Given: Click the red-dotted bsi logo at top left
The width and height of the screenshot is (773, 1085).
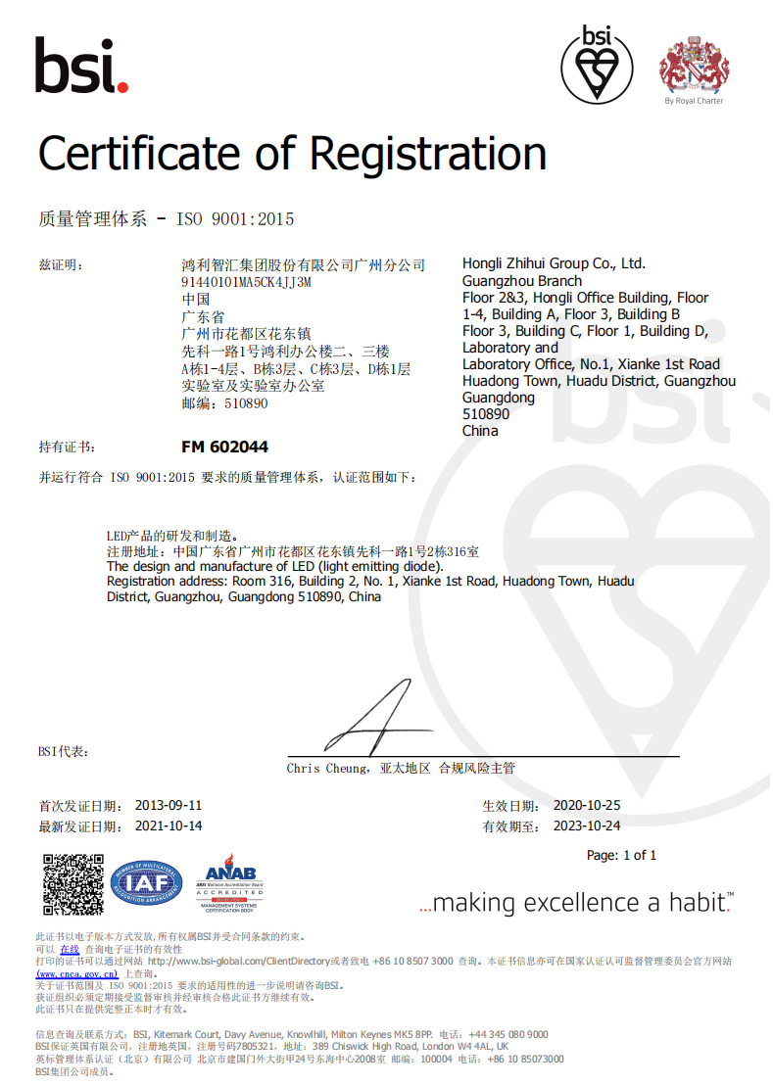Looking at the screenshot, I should [x=81, y=66].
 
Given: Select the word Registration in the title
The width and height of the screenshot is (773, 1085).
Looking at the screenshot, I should [x=428, y=155].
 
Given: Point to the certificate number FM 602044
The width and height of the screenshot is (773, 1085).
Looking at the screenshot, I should [x=224, y=447].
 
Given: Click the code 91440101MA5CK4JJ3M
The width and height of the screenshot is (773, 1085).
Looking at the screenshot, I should [x=246, y=282].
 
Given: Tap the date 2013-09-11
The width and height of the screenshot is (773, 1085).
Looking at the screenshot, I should [x=169, y=805].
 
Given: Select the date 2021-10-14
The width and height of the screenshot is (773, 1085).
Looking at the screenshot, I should [x=169, y=826].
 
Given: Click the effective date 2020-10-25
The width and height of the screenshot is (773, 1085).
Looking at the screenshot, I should [x=587, y=805].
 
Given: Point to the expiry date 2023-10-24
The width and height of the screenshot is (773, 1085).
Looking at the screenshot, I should [x=587, y=826].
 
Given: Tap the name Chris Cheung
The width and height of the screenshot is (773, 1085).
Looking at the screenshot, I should [x=327, y=769].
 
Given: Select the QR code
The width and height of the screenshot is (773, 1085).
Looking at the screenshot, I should [x=73, y=884].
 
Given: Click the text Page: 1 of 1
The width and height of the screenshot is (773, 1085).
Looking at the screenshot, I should [x=621, y=855].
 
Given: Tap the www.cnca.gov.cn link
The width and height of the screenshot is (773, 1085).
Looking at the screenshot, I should [x=77, y=973].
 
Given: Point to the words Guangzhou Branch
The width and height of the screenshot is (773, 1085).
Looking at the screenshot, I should [x=521, y=281].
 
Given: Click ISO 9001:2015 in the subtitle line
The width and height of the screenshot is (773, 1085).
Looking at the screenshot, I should [x=235, y=219].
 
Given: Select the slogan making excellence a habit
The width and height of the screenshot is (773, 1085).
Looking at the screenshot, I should [x=576, y=903].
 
